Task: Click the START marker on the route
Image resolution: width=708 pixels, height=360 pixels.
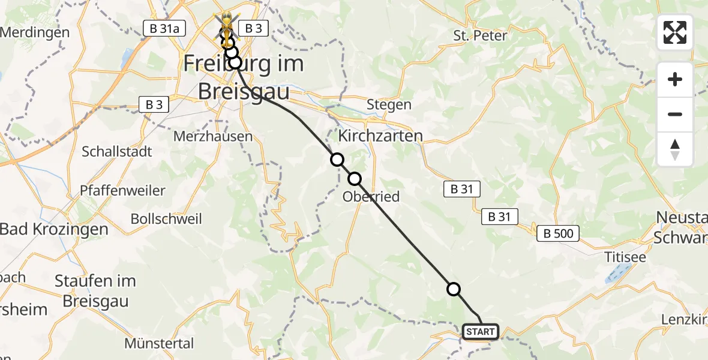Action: [x=481, y=332]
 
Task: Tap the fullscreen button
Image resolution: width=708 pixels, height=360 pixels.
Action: [x=675, y=32]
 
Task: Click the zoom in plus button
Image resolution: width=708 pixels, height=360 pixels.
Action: [x=675, y=79]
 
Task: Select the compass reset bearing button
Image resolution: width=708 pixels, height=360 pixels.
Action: [x=675, y=149]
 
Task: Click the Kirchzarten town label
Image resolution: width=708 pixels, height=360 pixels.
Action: [x=380, y=136]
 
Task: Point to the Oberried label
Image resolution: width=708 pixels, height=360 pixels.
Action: [x=371, y=197]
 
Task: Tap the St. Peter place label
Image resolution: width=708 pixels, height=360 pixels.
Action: [x=480, y=35]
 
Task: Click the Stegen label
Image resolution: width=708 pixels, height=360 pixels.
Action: [x=389, y=104]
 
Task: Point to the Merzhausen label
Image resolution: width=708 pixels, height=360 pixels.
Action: [x=213, y=136]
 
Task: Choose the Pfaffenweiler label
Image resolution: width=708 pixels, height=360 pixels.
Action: [x=122, y=191]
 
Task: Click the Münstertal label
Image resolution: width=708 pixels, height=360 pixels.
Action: [x=159, y=344]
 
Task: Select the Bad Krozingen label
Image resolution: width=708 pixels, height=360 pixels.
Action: [x=54, y=229]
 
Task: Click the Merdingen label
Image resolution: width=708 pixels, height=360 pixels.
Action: [x=35, y=32]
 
